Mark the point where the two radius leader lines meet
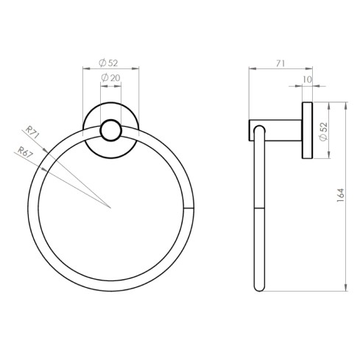111,207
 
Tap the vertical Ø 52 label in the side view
323,130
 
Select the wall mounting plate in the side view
306,131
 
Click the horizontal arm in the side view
276,124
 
